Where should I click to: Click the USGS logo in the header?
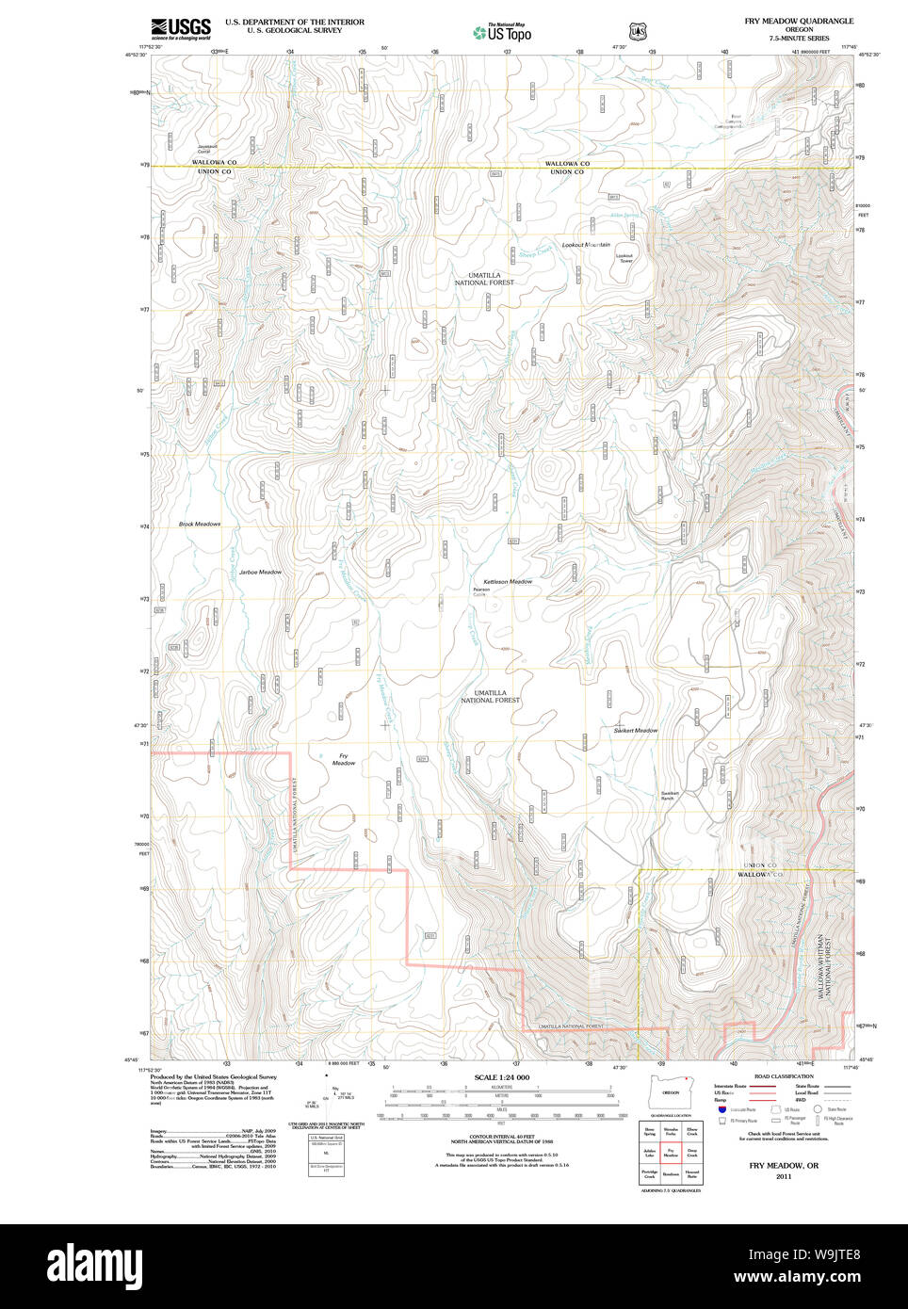[181, 28]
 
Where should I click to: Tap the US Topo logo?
[502, 33]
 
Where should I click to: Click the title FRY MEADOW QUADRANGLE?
[799, 21]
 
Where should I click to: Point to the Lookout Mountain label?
[586, 245]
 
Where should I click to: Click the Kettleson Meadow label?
[508, 582]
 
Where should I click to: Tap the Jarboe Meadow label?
[260, 572]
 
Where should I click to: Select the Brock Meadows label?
[200, 524]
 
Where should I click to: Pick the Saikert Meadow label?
[636, 730]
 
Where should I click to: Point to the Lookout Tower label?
[624, 258]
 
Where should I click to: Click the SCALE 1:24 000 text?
[501, 1077]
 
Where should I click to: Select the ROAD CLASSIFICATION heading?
[784, 1076]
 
